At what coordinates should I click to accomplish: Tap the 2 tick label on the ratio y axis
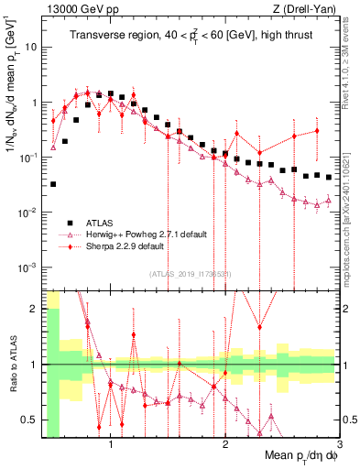33,308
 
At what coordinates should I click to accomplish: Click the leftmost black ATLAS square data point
53,184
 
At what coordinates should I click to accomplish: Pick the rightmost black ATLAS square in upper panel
328,177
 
